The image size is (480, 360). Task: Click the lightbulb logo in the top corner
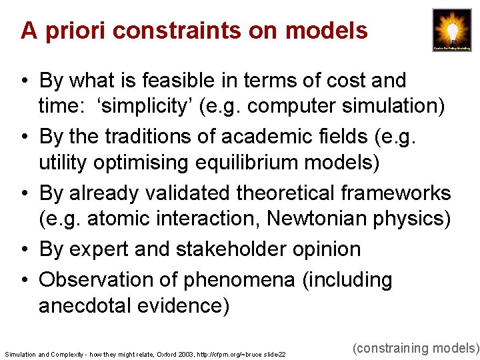451,30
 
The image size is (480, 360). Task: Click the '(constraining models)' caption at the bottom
415,347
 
